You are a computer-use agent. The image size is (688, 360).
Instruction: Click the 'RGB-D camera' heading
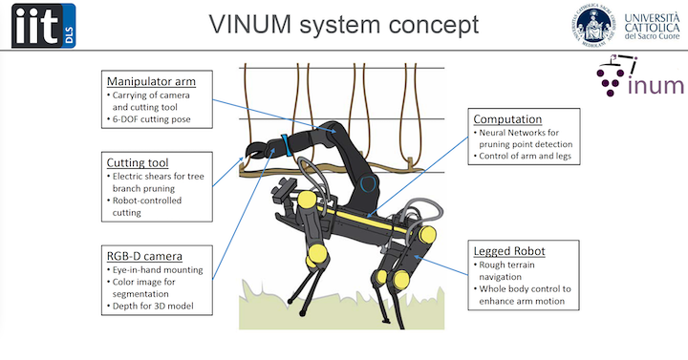pyautogui.click(x=145, y=255)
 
